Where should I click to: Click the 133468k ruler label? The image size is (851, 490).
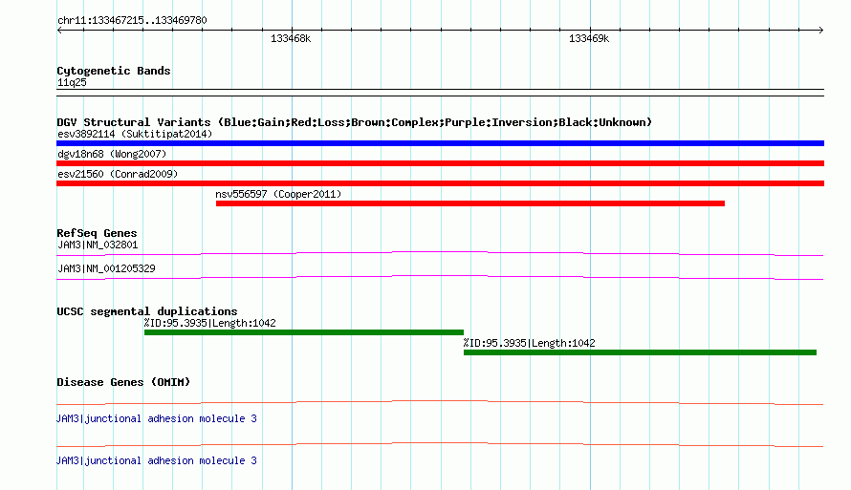click(x=291, y=38)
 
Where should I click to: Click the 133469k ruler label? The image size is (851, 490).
click(x=589, y=38)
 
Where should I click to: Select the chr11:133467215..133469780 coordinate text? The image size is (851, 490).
click(x=132, y=20)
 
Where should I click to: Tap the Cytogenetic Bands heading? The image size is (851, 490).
click(x=114, y=71)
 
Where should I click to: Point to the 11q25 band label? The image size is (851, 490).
click(x=72, y=82)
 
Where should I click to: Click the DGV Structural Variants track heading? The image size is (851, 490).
click(x=355, y=122)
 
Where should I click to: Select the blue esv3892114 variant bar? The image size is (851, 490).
click(x=440, y=143)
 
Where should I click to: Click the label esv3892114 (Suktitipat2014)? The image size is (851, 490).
click(x=135, y=134)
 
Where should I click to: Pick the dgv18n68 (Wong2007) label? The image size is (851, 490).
click(x=112, y=154)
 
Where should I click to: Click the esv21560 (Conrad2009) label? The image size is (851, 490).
click(x=118, y=174)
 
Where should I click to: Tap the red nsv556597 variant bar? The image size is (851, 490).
click(x=470, y=203)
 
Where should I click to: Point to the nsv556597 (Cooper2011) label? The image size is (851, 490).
click(x=278, y=194)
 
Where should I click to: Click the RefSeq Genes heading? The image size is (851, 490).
click(x=97, y=233)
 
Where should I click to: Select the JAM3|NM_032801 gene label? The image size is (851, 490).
click(x=98, y=245)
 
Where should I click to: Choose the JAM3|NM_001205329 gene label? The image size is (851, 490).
click(x=106, y=268)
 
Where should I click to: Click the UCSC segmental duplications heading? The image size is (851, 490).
click(x=147, y=311)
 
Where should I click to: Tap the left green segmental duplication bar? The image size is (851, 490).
click(x=304, y=332)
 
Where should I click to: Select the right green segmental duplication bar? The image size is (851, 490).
click(x=640, y=352)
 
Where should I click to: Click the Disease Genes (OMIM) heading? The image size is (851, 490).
click(x=123, y=382)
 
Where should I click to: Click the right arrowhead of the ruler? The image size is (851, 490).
click(x=822, y=31)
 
